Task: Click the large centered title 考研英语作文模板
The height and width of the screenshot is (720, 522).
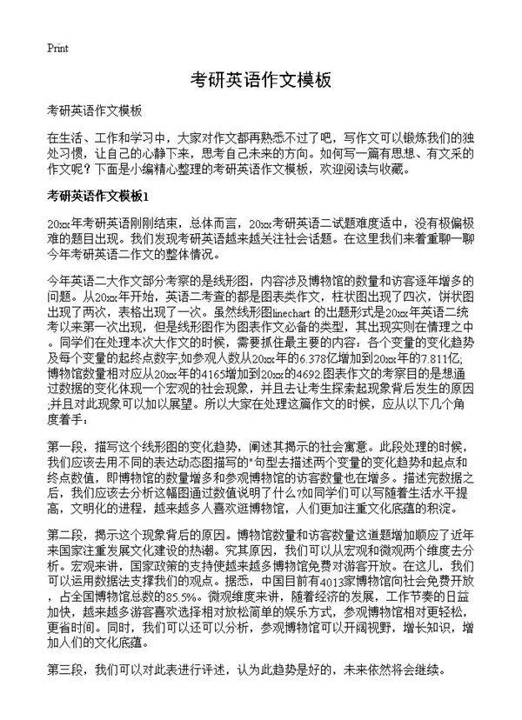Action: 261,80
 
